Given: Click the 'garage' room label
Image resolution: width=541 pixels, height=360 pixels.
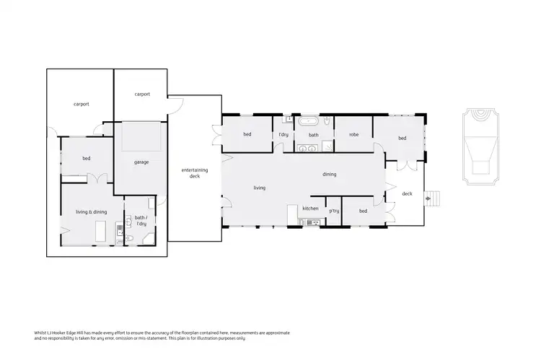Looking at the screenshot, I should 141,162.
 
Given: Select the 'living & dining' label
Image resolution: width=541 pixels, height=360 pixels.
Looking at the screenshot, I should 91,211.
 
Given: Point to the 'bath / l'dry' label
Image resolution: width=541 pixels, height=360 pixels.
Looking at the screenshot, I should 141,220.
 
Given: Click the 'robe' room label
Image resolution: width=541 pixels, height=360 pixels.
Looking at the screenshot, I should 353,135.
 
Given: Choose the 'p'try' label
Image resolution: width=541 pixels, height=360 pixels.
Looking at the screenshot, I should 334,211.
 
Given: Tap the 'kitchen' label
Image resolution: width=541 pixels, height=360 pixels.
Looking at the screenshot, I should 310,208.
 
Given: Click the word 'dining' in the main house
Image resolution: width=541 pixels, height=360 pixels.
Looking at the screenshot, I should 329,174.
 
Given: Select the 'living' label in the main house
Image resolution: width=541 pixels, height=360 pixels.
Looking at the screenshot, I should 259,188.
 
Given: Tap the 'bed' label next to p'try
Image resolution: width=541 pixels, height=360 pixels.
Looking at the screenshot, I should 363,211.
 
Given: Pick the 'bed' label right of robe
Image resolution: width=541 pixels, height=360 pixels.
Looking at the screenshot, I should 402,138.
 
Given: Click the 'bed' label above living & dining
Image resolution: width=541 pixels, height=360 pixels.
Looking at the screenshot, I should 86,158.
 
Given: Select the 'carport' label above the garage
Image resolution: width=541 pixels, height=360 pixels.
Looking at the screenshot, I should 142,94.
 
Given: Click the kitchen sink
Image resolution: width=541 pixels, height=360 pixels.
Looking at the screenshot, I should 312,222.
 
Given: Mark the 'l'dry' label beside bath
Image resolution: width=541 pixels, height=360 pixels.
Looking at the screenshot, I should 284,135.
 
